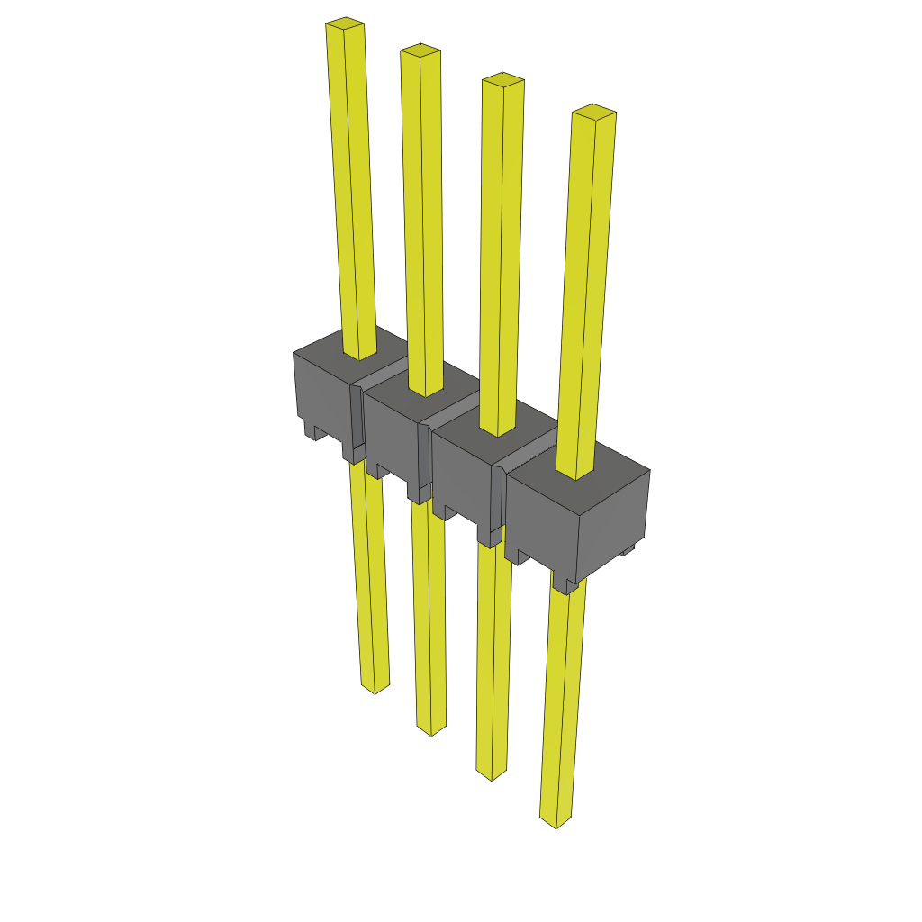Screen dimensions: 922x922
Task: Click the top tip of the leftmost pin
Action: point(345,24)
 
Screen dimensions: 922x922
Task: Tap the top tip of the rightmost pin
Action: point(594,113)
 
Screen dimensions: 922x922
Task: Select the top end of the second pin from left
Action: point(420,50)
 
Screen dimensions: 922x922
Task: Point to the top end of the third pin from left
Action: point(502,81)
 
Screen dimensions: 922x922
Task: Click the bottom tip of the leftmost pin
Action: point(375,687)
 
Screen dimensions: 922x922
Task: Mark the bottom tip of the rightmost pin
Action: point(555,821)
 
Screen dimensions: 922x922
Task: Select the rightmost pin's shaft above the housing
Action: point(587,288)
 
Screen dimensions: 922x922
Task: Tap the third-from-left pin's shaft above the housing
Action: point(502,252)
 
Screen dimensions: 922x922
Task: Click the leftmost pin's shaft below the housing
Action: point(369,576)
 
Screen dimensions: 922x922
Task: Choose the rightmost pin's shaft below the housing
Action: point(563,702)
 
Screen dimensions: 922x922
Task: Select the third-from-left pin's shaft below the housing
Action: point(493,657)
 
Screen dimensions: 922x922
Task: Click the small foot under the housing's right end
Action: point(628,549)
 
